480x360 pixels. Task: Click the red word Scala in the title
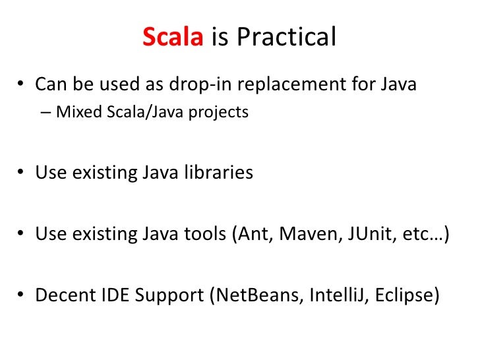pos(173,38)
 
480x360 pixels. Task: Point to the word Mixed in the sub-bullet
pos(74,112)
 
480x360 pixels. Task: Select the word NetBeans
pos(253,295)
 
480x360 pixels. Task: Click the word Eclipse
pos(404,295)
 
